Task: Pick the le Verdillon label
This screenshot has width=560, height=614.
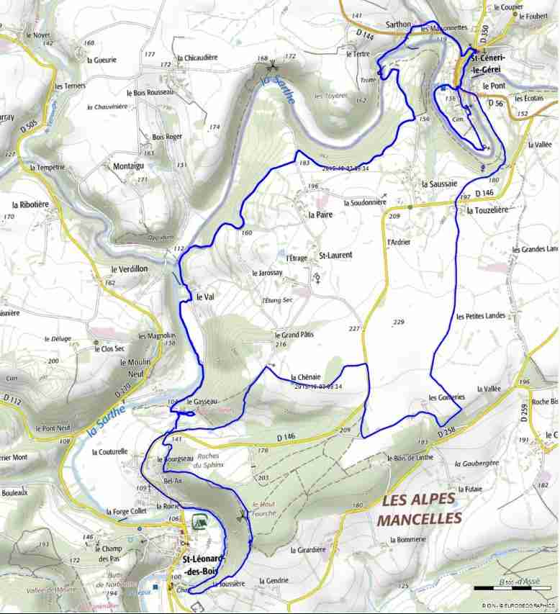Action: click(x=129, y=268)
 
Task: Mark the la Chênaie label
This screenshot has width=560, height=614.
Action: click(x=305, y=376)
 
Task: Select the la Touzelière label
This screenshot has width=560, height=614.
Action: click(x=487, y=210)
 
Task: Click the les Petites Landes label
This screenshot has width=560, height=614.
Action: click(x=481, y=315)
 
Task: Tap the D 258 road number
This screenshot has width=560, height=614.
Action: click(x=447, y=430)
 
